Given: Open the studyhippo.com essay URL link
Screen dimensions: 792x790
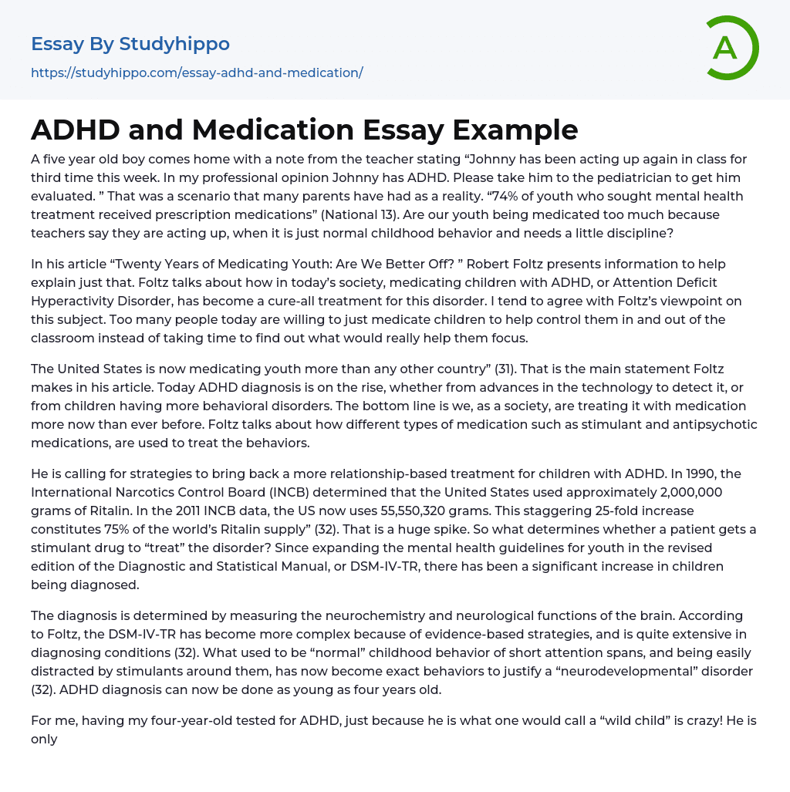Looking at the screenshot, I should click(x=197, y=72).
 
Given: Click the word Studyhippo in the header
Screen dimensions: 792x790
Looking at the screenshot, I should click(x=174, y=44).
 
